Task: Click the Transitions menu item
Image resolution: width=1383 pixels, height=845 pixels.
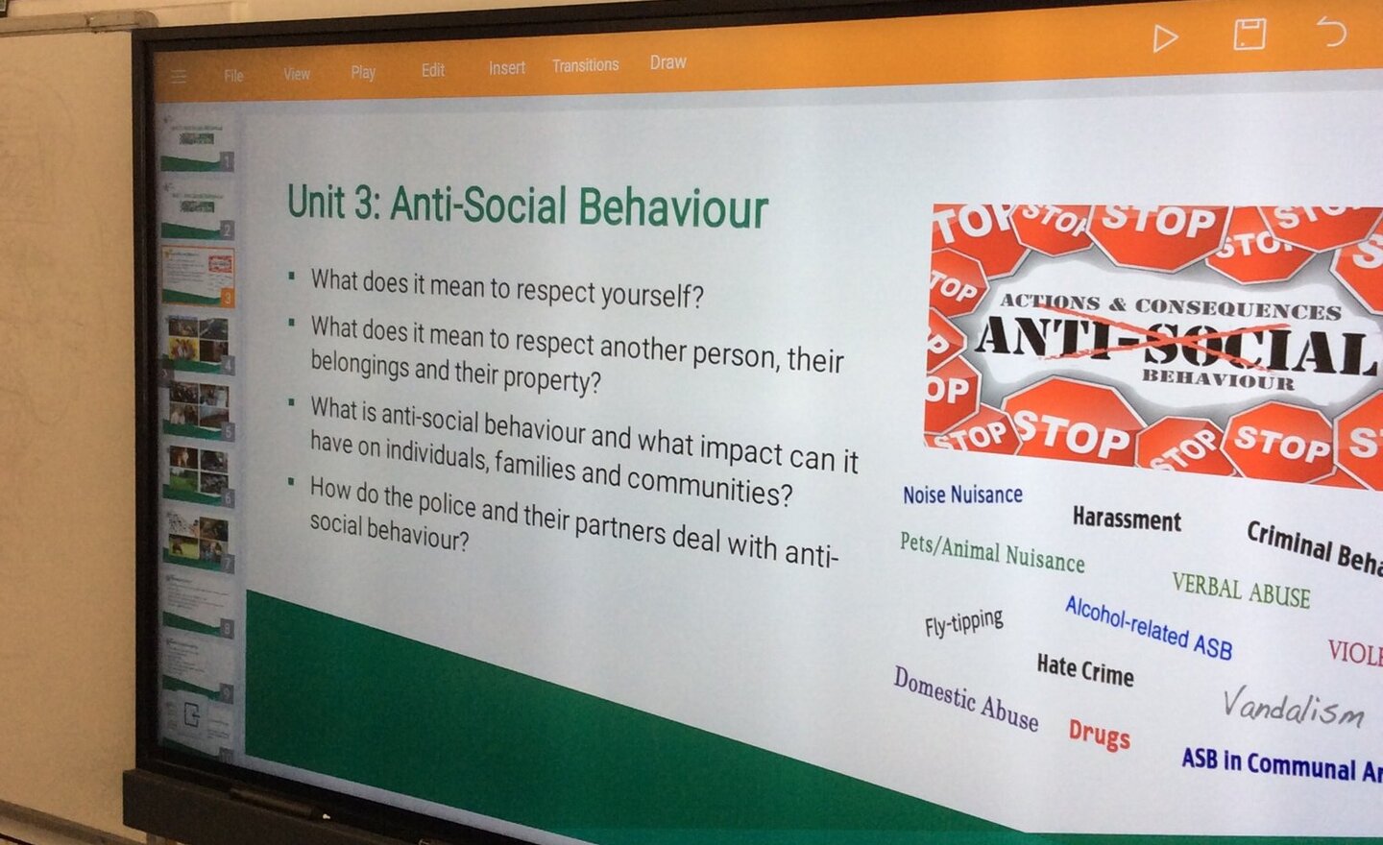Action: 585,65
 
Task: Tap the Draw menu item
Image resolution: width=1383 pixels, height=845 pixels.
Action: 667,62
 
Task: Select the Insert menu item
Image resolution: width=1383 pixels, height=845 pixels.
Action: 506,68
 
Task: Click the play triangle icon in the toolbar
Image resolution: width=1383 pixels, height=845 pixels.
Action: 1165,38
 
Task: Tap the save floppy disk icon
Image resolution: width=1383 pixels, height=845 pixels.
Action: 1249,36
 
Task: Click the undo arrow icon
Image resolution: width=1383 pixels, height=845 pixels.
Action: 1331,33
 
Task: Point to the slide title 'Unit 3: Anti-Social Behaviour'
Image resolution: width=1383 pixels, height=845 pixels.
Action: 527,206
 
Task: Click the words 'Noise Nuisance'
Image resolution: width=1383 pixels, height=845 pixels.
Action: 962,495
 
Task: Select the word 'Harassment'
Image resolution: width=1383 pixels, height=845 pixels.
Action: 1127,519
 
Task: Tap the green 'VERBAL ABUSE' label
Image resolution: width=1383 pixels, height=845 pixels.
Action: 1241,590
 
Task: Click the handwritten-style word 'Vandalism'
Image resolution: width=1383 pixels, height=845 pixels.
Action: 1293,707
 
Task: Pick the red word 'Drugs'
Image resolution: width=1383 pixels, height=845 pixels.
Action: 1099,734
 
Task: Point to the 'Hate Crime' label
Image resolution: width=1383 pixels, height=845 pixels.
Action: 1084,669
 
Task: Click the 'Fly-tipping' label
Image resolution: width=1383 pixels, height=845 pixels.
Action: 963,622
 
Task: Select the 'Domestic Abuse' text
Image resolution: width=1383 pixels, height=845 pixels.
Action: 965,698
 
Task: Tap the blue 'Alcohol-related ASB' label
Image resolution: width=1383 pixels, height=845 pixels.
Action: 1148,627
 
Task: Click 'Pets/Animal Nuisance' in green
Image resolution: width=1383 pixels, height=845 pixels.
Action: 992,552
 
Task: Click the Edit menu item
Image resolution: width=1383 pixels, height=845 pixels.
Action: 432,70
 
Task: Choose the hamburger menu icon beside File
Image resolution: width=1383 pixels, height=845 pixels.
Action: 179,76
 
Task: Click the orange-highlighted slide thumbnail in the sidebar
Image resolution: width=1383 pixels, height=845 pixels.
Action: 199,276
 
